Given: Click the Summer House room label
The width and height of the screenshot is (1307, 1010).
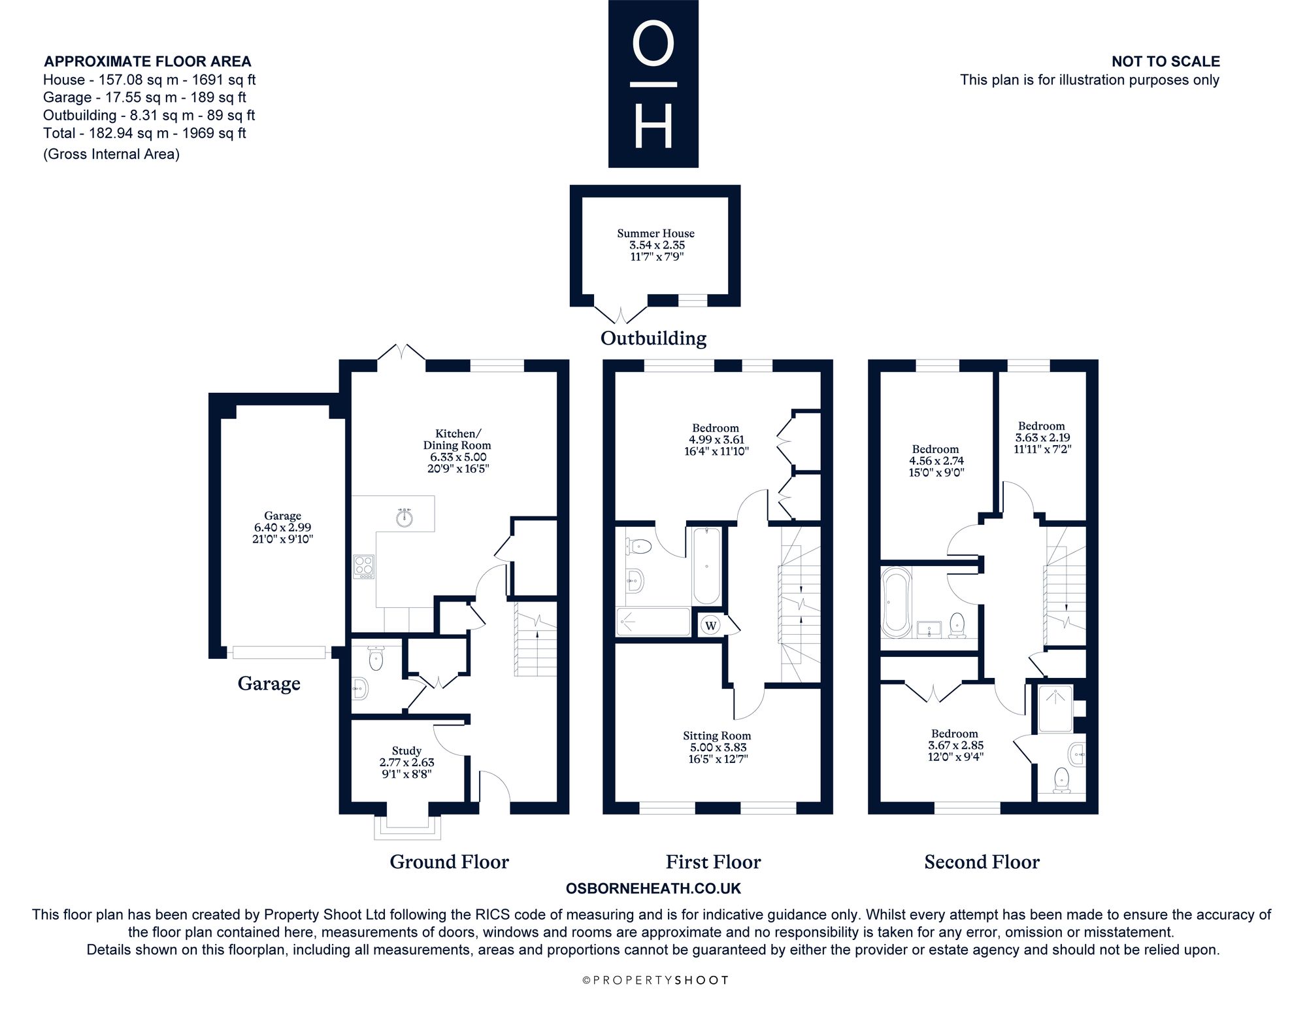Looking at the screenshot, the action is click(x=655, y=244).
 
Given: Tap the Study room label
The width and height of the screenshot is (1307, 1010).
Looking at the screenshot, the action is click(x=406, y=762).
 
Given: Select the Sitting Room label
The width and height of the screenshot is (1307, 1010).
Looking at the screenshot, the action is click(x=717, y=747).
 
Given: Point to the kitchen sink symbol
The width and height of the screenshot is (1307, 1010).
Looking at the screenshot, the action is click(x=405, y=517).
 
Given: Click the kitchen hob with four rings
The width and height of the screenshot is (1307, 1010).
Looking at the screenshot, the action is click(x=364, y=566).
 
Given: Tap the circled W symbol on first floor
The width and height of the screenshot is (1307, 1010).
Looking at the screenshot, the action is click(x=711, y=626).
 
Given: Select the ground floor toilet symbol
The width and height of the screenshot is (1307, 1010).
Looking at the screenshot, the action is click(x=376, y=658).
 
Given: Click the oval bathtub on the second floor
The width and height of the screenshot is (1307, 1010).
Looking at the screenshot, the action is click(x=896, y=602).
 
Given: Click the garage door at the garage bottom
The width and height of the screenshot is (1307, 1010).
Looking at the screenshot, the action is click(x=279, y=652).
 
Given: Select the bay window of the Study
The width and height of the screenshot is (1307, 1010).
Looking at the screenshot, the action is click(x=406, y=826).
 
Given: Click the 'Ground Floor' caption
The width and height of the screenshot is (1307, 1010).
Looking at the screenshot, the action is click(x=449, y=862).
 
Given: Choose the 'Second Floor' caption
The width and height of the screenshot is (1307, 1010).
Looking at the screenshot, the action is click(x=982, y=862).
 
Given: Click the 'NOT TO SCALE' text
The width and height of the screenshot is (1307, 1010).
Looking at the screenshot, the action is click(x=1166, y=61).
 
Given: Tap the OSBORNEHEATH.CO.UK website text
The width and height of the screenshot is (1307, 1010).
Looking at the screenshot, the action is click(x=653, y=888).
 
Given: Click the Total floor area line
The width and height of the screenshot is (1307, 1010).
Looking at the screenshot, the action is click(x=144, y=133).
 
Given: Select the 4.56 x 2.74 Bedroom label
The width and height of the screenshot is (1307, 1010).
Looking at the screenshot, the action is click(x=936, y=460).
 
